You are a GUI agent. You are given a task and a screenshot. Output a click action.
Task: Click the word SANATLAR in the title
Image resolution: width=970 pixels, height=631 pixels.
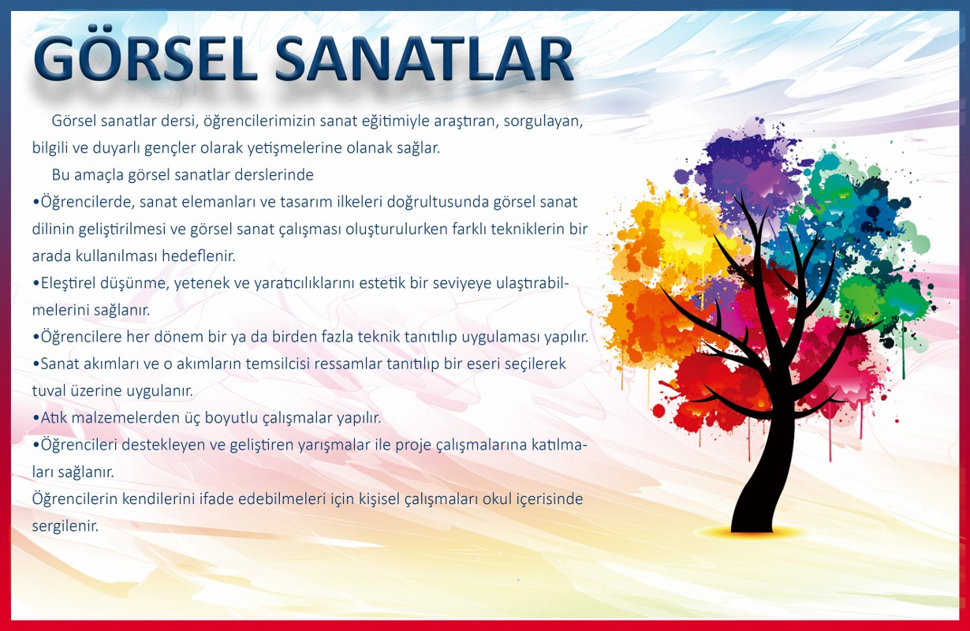pos(424,59)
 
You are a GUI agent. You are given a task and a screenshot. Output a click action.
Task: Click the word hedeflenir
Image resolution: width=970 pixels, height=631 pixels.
pos(199,256)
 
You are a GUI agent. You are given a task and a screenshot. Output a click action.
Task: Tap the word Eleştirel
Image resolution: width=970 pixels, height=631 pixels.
pos(69,283)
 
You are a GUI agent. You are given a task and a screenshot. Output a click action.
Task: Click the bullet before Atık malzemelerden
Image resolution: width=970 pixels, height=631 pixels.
pos(36,418)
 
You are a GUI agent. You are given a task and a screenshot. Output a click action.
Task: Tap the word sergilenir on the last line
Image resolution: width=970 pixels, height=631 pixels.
pos(65,526)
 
